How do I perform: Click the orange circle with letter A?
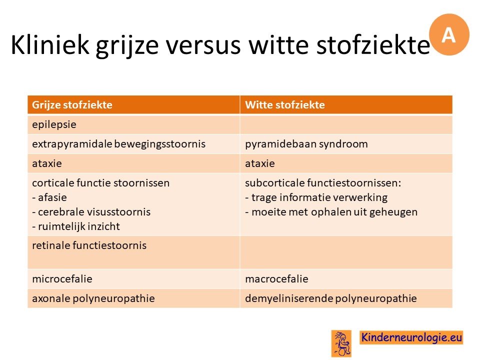point(449,34)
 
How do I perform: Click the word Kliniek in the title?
point(50,44)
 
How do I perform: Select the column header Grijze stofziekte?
point(72,104)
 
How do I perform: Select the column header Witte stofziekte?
point(284,104)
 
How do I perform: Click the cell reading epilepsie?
point(54,124)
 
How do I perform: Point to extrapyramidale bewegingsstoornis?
point(119,144)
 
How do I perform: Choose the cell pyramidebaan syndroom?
point(306,144)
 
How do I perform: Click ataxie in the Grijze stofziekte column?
point(47,163)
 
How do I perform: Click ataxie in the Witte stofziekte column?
point(260,163)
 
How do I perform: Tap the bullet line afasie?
point(49,197)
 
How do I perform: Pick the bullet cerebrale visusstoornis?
point(91,212)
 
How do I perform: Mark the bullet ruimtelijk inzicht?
point(76,226)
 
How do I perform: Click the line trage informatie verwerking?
point(316,197)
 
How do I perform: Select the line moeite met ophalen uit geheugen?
point(331,212)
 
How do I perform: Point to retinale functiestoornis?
point(89,245)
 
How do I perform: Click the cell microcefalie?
point(62,279)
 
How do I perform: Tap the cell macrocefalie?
point(276,279)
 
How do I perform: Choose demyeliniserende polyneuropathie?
point(331,298)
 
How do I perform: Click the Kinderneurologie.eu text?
point(411,337)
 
